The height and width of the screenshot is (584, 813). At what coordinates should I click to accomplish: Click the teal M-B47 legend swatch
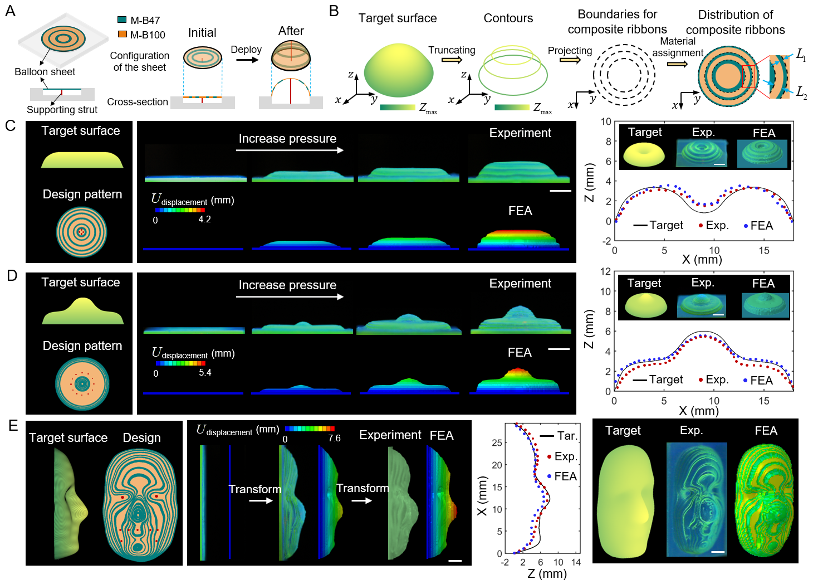point(122,20)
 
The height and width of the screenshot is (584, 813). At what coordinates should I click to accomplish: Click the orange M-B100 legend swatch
point(122,35)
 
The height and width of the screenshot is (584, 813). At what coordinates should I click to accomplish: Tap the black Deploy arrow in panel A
point(247,59)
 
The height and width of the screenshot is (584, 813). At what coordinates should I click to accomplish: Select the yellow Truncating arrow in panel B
point(451,59)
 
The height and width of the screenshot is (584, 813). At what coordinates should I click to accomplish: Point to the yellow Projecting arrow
point(570,60)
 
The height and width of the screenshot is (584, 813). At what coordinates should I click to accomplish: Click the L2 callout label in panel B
point(801,92)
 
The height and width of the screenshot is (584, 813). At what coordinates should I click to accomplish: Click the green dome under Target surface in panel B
point(398,70)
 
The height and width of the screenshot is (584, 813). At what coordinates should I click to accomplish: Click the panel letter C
point(10,126)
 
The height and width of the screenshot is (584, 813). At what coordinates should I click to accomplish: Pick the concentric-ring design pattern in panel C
point(81,232)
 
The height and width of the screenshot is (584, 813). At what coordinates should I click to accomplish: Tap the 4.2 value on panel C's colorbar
point(204,220)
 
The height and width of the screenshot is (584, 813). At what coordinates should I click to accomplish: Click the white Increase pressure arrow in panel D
point(290,297)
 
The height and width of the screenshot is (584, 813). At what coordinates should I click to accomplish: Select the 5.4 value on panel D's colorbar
point(205,373)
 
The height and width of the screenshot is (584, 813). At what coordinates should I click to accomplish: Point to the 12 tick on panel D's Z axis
point(605,271)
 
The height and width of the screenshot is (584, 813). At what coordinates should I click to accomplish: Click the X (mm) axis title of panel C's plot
point(702,259)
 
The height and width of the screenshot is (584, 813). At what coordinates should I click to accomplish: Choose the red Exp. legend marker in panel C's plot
point(701,226)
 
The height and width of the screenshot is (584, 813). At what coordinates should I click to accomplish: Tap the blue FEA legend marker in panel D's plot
point(746,381)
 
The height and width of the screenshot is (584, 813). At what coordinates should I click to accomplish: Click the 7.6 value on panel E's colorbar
point(334,439)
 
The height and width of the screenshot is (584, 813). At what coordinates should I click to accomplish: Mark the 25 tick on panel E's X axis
point(497,442)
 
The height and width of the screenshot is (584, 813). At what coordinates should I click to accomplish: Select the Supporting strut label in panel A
point(62,110)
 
